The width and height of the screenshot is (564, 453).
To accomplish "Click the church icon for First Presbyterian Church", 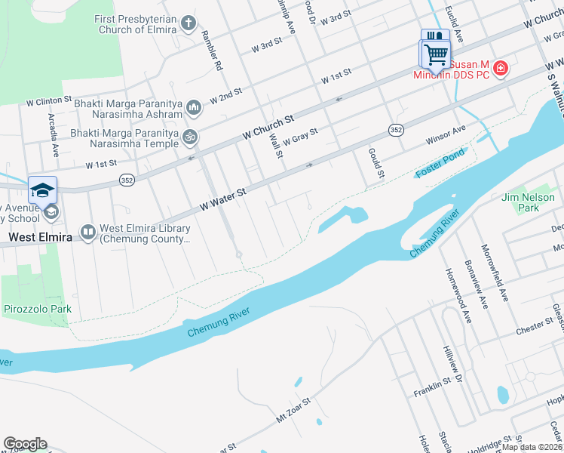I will (x=189, y=24).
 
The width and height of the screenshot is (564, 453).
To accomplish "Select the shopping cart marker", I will (x=435, y=54).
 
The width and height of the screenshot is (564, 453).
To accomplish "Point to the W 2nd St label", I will (x=225, y=94).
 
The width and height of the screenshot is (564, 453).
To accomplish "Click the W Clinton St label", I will (x=48, y=99).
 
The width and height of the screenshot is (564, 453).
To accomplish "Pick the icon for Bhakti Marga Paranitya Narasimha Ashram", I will (x=194, y=108).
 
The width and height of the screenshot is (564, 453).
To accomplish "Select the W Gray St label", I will (x=301, y=134).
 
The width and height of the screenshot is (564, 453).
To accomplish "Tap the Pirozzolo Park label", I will (x=37, y=309).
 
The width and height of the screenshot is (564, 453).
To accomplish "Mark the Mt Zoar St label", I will (x=293, y=409).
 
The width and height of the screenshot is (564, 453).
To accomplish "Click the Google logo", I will (x=25, y=444).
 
